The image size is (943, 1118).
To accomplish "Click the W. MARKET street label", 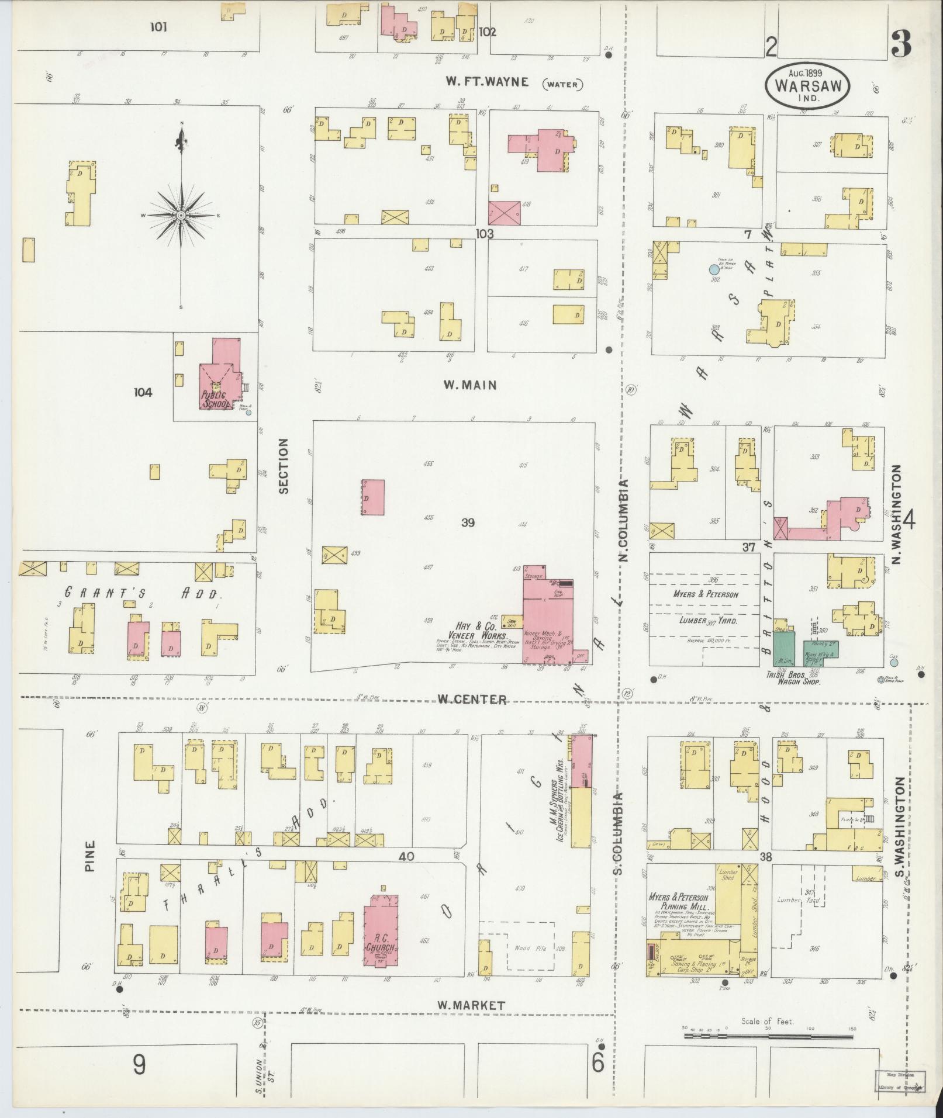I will pyautogui.click(x=471, y=1005).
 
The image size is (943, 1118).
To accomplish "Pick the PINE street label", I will pyautogui.click(x=89, y=856).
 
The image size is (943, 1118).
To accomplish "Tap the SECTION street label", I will pyautogui.click(x=284, y=466).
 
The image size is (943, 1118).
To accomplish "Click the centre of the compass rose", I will pyautogui.click(x=181, y=216).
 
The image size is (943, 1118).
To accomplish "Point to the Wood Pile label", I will pyautogui.click(x=530, y=948).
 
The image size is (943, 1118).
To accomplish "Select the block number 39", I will pyautogui.click(x=468, y=522).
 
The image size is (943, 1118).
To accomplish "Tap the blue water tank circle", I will pyautogui.click(x=713, y=270).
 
